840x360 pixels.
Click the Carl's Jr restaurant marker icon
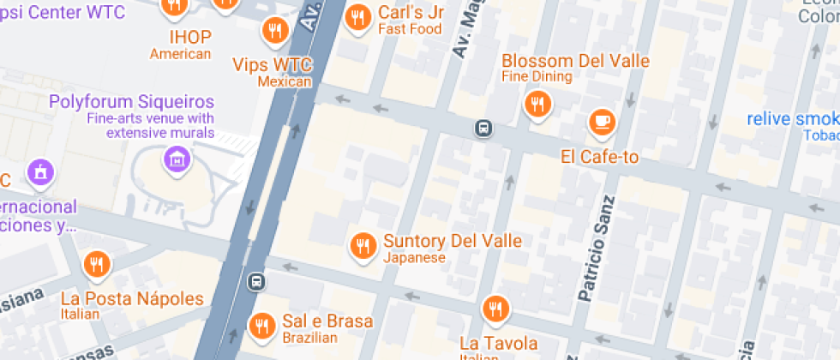(357, 17)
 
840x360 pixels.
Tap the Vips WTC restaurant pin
(274, 32)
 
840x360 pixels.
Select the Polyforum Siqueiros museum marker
(177, 158)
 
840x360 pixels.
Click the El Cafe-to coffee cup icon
(602, 122)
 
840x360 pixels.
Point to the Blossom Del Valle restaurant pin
(537, 105)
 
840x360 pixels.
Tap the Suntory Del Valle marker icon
(363, 247)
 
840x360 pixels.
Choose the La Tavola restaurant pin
(495, 309)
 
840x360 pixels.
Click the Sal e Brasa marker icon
(261, 325)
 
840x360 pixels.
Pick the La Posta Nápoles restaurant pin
(96, 265)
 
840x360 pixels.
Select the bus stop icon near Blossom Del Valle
(483, 129)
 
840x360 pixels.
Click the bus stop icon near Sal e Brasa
(255, 281)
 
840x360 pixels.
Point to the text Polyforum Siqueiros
(131, 102)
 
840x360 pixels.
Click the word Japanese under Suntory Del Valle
(414, 258)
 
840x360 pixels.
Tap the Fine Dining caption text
(537, 77)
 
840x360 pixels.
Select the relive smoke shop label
(792, 119)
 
